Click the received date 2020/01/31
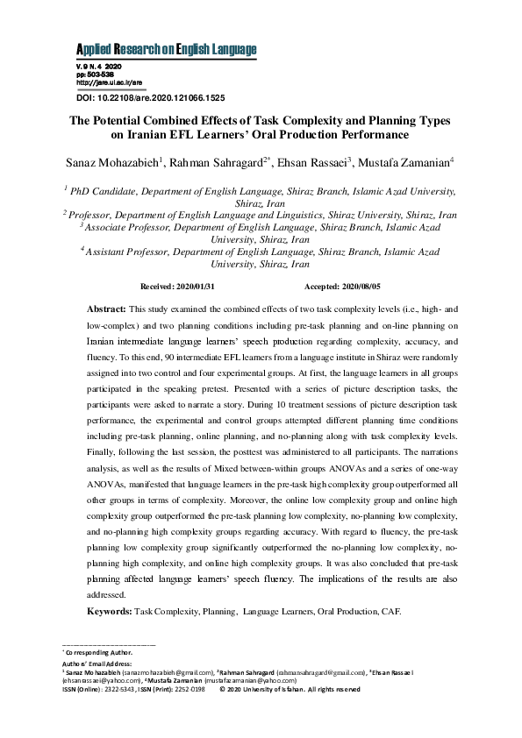click(195, 287)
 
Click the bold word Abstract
click(106, 310)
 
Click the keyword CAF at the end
click(390, 610)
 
